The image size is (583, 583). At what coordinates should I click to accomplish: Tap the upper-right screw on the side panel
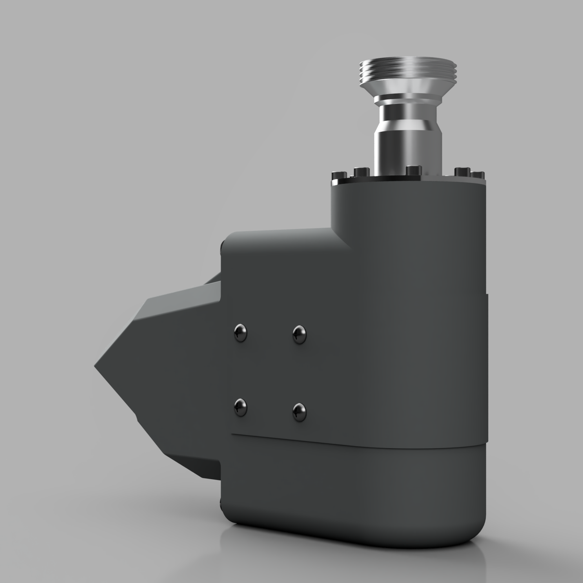[300, 334]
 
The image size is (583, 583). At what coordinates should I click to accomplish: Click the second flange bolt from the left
[361, 171]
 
